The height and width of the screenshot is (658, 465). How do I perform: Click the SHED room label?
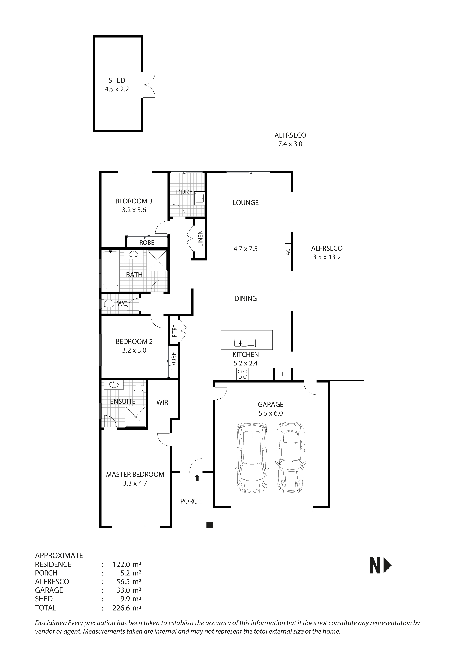click(x=117, y=80)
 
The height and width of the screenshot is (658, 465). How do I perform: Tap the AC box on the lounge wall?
click(x=288, y=252)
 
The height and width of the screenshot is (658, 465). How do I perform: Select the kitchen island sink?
click(x=244, y=343)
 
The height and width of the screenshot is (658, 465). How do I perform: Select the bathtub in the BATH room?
click(x=110, y=271)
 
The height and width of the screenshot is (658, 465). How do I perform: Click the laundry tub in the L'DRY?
click(x=199, y=198)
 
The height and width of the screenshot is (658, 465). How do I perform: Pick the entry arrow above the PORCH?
click(x=197, y=478)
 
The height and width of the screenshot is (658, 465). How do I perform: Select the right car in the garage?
click(x=291, y=457)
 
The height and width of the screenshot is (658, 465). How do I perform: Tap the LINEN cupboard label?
click(x=200, y=238)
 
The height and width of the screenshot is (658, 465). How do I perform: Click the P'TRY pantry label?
click(x=174, y=331)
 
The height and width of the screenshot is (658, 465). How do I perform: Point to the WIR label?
click(x=162, y=403)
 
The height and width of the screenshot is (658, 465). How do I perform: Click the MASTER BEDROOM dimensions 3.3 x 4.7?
click(x=135, y=484)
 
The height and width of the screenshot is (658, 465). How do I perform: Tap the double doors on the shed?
click(x=149, y=85)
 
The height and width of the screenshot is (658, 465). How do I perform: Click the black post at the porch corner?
click(x=210, y=525)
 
